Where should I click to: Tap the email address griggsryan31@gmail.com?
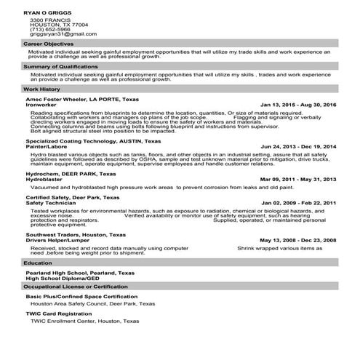point(63,34)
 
